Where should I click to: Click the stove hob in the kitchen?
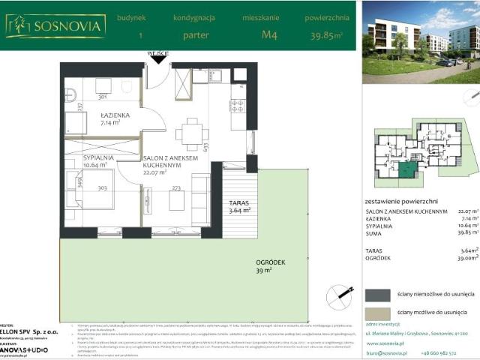[x=237, y=106]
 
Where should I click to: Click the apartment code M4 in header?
[x=267, y=34]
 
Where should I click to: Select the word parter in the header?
[x=196, y=34]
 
